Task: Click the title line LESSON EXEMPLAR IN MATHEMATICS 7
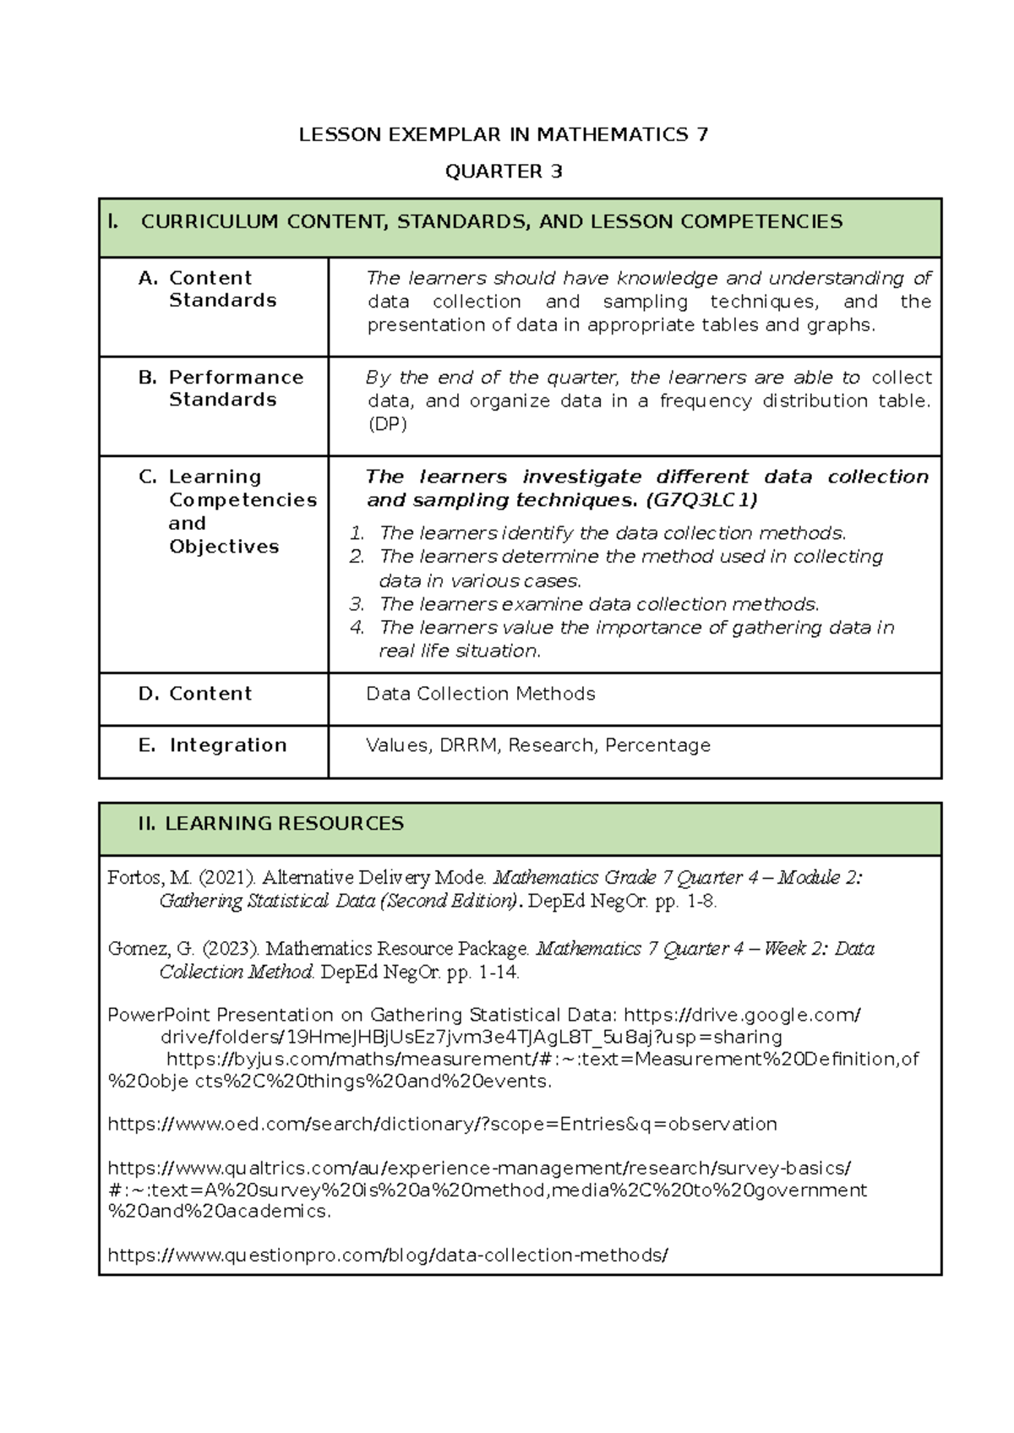pyautogui.click(x=504, y=135)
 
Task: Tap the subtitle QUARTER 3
pyautogui.click(x=504, y=172)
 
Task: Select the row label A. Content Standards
pyautogui.click(x=210, y=289)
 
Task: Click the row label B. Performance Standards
pyautogui.click(x=221, y=388)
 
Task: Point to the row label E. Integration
pyautogui.click(x=213, y=745)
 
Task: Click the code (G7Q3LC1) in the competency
pyautogui.click(x=701, y=500)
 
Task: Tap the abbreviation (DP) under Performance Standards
pyautogui.click(x=387, y=424)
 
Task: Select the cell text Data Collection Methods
pyautogui.click(x=480, y=694)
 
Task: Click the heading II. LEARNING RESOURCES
pyautogui.click(x=270, y=824)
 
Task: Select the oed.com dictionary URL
pyautogui.click(x=442, y=1125)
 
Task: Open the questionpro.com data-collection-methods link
pyautogui.click(x=387, y=1256)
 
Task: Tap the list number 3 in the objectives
pyautogui.click(x=357, y=604)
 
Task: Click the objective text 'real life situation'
pyautogui.click(x=459, y=651)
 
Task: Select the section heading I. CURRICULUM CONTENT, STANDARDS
pyautogui.click(x=490, y=222)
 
